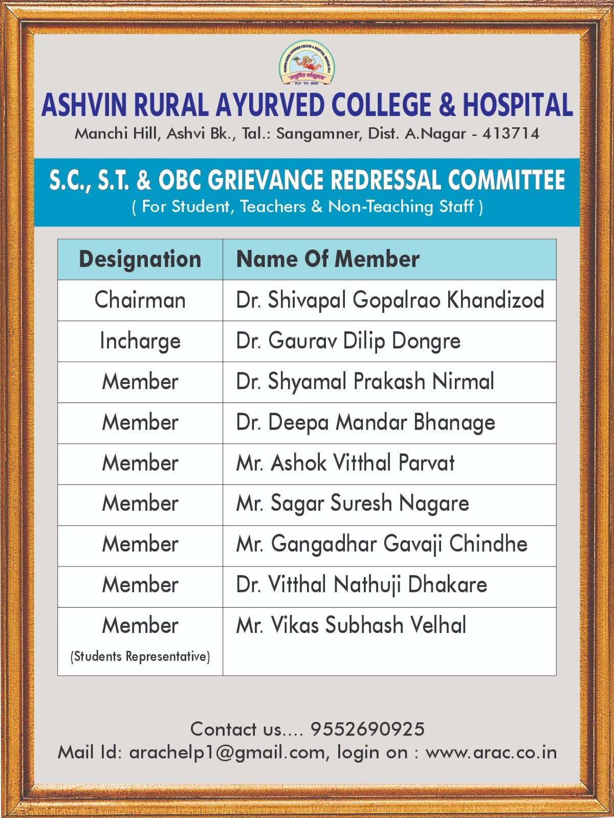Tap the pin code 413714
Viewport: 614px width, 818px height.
[511, 134]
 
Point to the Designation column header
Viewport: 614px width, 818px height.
[140, 259]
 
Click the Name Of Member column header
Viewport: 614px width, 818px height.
[327, 259]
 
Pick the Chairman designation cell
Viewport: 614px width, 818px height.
[140, 300]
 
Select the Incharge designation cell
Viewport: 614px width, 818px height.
[140, 341]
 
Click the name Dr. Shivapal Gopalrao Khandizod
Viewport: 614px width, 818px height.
[390, 300]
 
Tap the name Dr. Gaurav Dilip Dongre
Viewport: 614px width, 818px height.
[348, 341]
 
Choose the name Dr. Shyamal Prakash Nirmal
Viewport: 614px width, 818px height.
[365, 382]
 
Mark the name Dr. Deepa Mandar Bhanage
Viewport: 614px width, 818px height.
[365, 423]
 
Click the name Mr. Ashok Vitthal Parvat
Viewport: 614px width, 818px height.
[345, 463]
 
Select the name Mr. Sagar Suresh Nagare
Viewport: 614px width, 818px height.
[352, 504]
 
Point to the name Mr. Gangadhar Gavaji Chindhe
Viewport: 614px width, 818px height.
[381, 544]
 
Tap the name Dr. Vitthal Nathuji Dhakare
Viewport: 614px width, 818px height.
[361, 585]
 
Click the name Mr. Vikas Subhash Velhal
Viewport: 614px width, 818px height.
[351, 625]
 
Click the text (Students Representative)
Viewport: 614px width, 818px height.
[140, 656]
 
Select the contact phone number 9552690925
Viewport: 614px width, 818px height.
[367, 730]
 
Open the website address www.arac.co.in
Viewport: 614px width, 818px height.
[491, 753]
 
